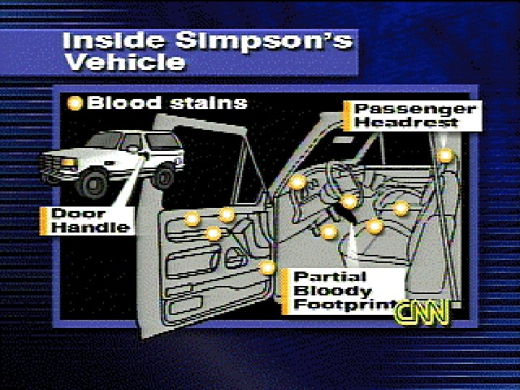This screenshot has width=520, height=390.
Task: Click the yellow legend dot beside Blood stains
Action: [74, 103]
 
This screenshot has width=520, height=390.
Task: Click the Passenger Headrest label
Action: [416, 116]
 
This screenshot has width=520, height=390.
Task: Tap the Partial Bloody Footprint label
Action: [339, 290]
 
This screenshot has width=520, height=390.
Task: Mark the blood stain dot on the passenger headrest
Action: [446, 155]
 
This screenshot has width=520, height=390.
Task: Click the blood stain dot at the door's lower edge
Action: [268, 267]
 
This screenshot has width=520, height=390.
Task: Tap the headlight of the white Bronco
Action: [69, 162]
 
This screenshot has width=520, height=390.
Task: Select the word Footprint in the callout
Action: [344, 305]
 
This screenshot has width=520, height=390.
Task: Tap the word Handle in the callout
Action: [92, 227]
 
